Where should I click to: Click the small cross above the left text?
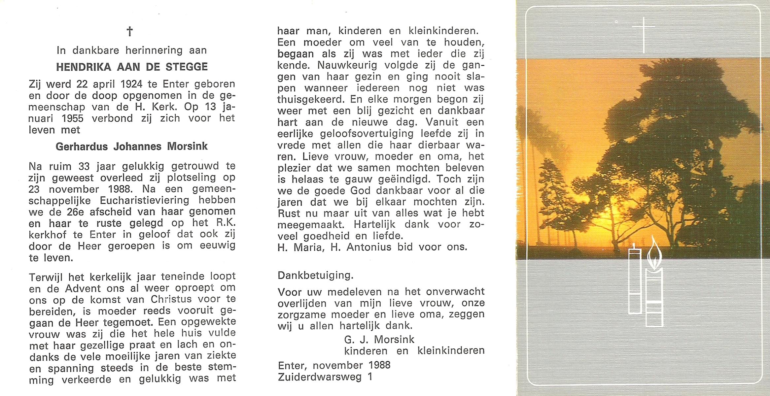click(130, 32)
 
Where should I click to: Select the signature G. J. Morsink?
click(379, 339)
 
